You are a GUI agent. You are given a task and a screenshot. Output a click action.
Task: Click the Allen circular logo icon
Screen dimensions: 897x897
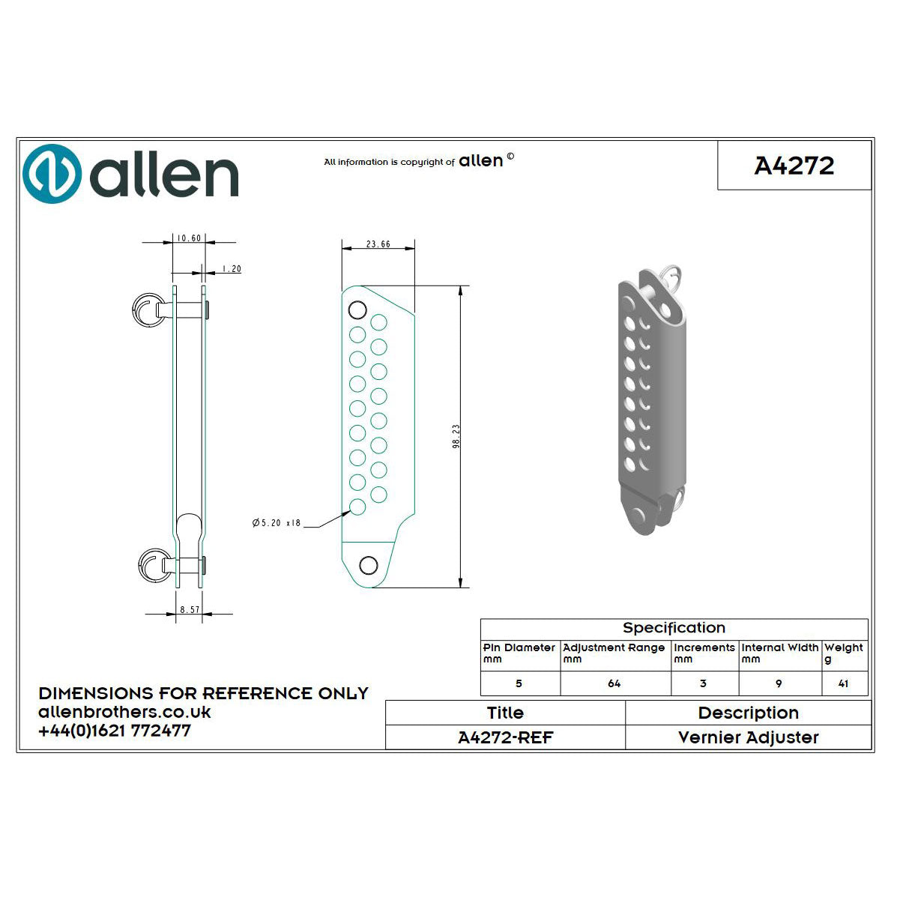pyautogui.click(x=52, y=174)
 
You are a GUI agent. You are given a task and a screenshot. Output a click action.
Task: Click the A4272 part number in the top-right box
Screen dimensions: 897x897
pyautogui.click(x=794, y=166)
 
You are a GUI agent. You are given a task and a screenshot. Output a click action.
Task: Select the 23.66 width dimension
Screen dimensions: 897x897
pyautogui.click(x=378, y=244)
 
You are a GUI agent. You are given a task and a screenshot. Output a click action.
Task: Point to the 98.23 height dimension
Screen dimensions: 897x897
pyautogui.click(x=456, y=436)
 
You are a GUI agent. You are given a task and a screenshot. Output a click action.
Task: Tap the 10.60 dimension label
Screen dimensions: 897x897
pyautogui.click(x=187, y=238)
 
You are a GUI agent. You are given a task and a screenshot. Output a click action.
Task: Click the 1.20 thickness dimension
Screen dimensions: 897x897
pyautogui.click(x=231, y=269)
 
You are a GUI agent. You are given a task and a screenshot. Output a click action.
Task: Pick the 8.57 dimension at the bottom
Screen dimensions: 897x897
pyautogui.click(x=190, y=610)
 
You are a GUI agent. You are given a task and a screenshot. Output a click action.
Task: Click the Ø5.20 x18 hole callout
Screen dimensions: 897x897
pyautogui.click(x=277, y=522)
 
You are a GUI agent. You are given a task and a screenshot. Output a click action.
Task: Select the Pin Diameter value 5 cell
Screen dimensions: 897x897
pyautogui.click(x=519, y=683)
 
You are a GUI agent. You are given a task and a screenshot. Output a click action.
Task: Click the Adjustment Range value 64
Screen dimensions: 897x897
pyautogui.click(x=614, y=683)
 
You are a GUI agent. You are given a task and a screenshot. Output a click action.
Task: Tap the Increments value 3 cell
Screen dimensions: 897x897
pyautogui.click(x=703, y=683)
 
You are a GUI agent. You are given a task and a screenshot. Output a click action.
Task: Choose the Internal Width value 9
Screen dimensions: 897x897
pyautogui.click(x=779, y=683)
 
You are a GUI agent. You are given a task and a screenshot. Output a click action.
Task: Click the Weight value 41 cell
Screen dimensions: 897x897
pyautogui.click(x=844, y=683)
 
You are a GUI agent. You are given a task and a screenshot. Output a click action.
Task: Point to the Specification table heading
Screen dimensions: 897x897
pyautogui.click(x=674, y=628)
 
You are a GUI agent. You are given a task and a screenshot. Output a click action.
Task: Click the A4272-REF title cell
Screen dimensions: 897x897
pyautogui.click(x=505, y=737)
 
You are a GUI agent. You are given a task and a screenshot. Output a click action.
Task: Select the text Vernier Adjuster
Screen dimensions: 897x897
pyautogui.click(x=748, y=737)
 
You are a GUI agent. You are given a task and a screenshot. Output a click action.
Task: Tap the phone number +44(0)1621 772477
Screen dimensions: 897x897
pyautogui.click(x=115, y=731)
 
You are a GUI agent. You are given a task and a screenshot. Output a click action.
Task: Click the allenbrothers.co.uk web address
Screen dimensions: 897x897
pyautogui.click(x=124, y=712)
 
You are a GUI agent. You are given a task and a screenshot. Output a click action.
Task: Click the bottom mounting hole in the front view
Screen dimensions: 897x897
pyautogui.click(x=368, y=565)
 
